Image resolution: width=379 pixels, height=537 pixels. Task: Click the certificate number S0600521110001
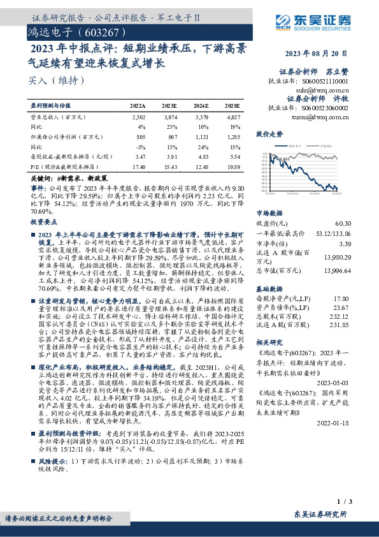[x=325, y=82]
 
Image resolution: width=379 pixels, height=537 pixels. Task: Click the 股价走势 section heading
[x=269, y=135]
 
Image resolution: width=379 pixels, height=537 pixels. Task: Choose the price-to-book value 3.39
[x=345, y=244]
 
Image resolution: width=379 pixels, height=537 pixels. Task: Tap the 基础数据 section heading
[x=269, y=287]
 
